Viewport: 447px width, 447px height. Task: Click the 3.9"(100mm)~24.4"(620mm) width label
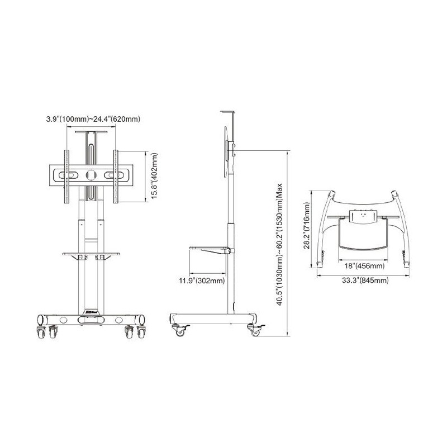coord(93,119)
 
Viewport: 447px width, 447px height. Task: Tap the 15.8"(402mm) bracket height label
coord(154,176)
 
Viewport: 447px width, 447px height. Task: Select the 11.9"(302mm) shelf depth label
coord(202,281)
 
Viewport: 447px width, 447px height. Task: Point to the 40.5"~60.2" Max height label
coord(279,244)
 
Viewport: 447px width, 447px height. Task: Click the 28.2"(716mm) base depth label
coord(307,226)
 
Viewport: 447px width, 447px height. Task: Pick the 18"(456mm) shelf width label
coord(364,266)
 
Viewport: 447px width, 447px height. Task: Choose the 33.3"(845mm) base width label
coord(365,280)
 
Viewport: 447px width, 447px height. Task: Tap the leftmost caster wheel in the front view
coord(41,332)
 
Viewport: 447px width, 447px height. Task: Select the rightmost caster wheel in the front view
coord(141,332)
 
